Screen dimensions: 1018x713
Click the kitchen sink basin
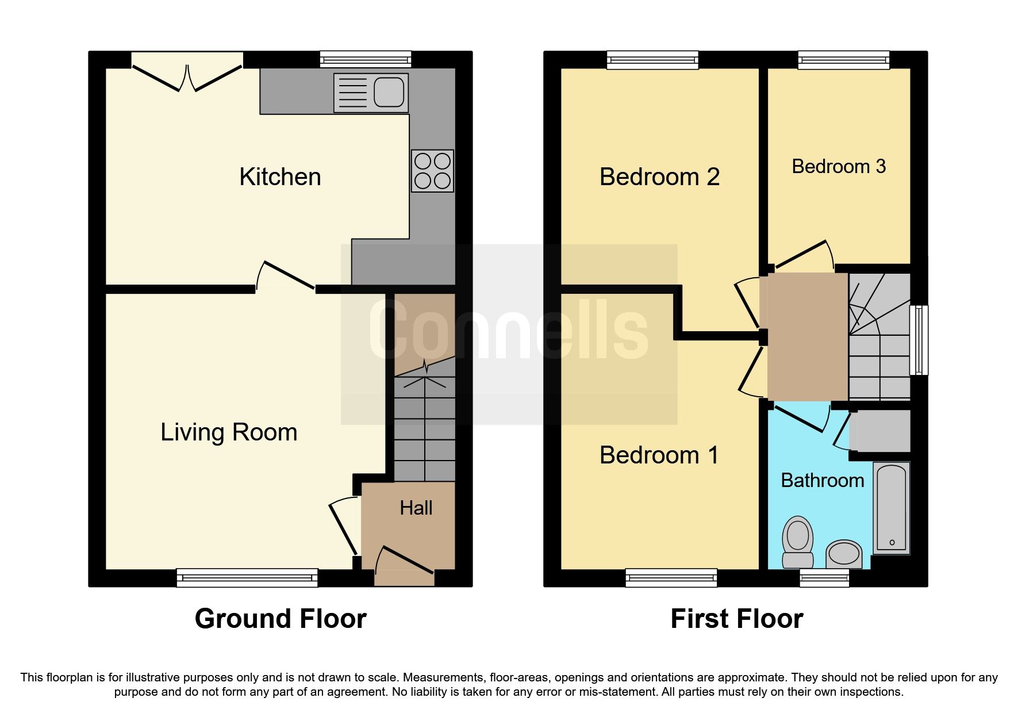pos(389,93)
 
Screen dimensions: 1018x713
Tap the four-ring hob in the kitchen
pos(432,171)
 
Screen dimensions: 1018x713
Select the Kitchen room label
pos(280,177)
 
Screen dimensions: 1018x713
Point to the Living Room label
pos(229,432)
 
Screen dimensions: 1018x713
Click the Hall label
pos(416,508)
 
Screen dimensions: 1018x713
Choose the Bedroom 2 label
pos(659,177)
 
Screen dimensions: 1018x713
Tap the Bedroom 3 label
pos(839,166)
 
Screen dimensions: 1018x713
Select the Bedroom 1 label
pos(659,455)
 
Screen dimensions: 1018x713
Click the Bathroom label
pos(823,480)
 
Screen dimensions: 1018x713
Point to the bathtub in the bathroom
pos(892,508)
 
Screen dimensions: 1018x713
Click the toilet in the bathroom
pos(798,542)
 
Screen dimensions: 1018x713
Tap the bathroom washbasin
pos(844,554)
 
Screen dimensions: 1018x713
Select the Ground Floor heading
pos(281,619)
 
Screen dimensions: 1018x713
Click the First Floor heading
pos(737,619)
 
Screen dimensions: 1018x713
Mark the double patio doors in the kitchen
pos(187,72)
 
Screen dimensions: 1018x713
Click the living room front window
pos(247,578)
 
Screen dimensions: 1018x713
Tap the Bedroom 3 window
pos(844,60)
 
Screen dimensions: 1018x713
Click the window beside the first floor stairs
pos(919,340)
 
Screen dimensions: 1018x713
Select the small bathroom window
pos(824,578)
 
